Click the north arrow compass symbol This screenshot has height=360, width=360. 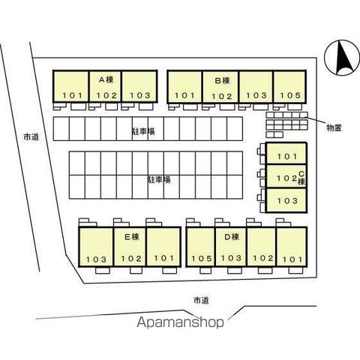342,58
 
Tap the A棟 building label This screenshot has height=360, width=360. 106,79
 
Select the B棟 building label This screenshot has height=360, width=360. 222,81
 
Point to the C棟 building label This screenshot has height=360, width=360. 301,178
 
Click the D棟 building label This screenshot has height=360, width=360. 232,237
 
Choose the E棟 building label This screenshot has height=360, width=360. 131,237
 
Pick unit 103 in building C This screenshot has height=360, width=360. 287,201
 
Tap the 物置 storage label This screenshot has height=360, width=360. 334,128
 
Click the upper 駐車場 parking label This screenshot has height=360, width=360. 143,131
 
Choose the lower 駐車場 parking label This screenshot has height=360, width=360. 159,179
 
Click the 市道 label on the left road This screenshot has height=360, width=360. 31,137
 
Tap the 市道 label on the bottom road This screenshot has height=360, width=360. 201,301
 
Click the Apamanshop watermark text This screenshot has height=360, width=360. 180,322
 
